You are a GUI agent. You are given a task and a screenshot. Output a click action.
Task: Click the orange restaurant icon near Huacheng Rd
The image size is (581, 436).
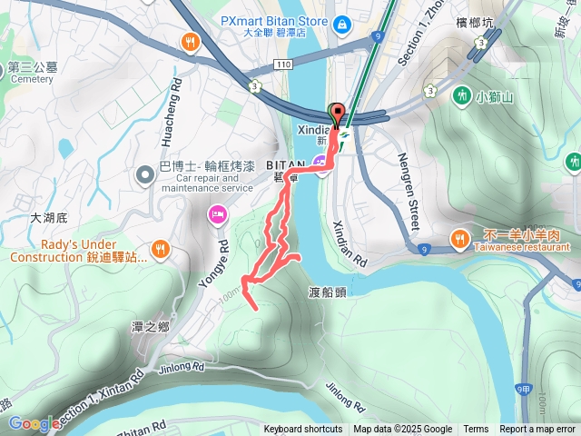pos(190,41)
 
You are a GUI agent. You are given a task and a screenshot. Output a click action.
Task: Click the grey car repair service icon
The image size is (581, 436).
pos(143,173)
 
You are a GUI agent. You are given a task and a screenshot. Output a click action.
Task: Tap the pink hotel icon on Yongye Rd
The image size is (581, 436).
pos(217,214)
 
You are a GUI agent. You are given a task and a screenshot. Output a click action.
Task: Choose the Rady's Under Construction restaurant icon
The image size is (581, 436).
pos(160,247)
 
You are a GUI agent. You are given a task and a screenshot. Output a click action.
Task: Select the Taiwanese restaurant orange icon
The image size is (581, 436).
pos(460,239)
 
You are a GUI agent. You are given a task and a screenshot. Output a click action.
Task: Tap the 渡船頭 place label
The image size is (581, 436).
pos(327,292)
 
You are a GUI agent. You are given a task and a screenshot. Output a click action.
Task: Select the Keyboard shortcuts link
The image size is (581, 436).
pos(303,430)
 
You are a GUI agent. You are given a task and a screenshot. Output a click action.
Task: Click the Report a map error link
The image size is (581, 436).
pos(537,430)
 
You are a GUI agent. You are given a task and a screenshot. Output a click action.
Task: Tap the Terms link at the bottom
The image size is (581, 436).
pos(476,430)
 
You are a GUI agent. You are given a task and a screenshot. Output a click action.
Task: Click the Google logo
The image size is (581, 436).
pos(34,423)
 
